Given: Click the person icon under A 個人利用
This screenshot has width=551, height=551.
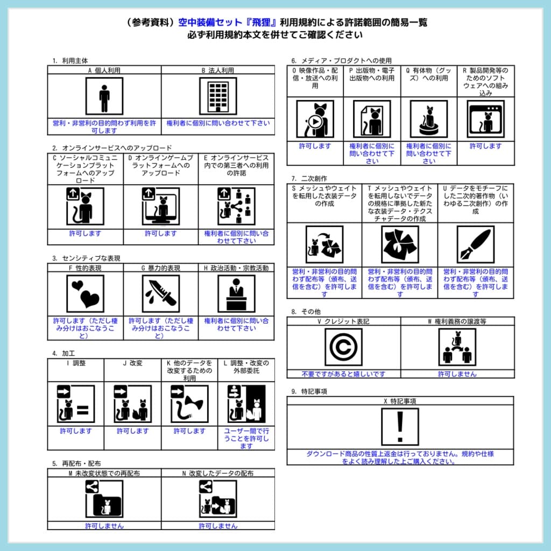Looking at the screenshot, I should [x=104, y=96].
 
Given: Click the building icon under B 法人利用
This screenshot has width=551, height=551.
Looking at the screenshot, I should [x=218, y=96].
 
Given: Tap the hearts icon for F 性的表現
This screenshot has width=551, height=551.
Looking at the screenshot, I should [x=85, y=294].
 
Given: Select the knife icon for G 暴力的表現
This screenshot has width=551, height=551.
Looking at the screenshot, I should [x=161, y=294].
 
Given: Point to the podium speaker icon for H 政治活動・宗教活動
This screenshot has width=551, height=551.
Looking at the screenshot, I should [x=236, y=294].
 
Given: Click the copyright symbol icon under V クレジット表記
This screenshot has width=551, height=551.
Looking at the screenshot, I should [x=343, y=348].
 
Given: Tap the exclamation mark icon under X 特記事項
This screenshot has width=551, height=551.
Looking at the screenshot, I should [x=400, y=427].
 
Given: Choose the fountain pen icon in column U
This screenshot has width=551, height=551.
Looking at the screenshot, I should [x=475, y=244].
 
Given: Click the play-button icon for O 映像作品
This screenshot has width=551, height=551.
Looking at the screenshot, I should [x=315, y=119].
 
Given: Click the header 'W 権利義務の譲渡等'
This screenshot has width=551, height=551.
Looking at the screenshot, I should [x=457, y=321].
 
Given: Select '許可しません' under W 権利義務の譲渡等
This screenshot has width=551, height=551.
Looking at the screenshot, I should [x=457, y=373].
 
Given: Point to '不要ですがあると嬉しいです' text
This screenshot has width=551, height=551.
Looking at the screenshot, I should [x=343, y=373].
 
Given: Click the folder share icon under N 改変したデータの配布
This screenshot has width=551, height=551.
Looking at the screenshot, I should [x=218, y=499].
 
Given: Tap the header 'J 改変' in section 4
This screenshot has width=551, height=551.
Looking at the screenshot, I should [x=132, y=363].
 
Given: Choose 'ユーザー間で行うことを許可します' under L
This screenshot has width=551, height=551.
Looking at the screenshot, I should [x=246, y=438].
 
